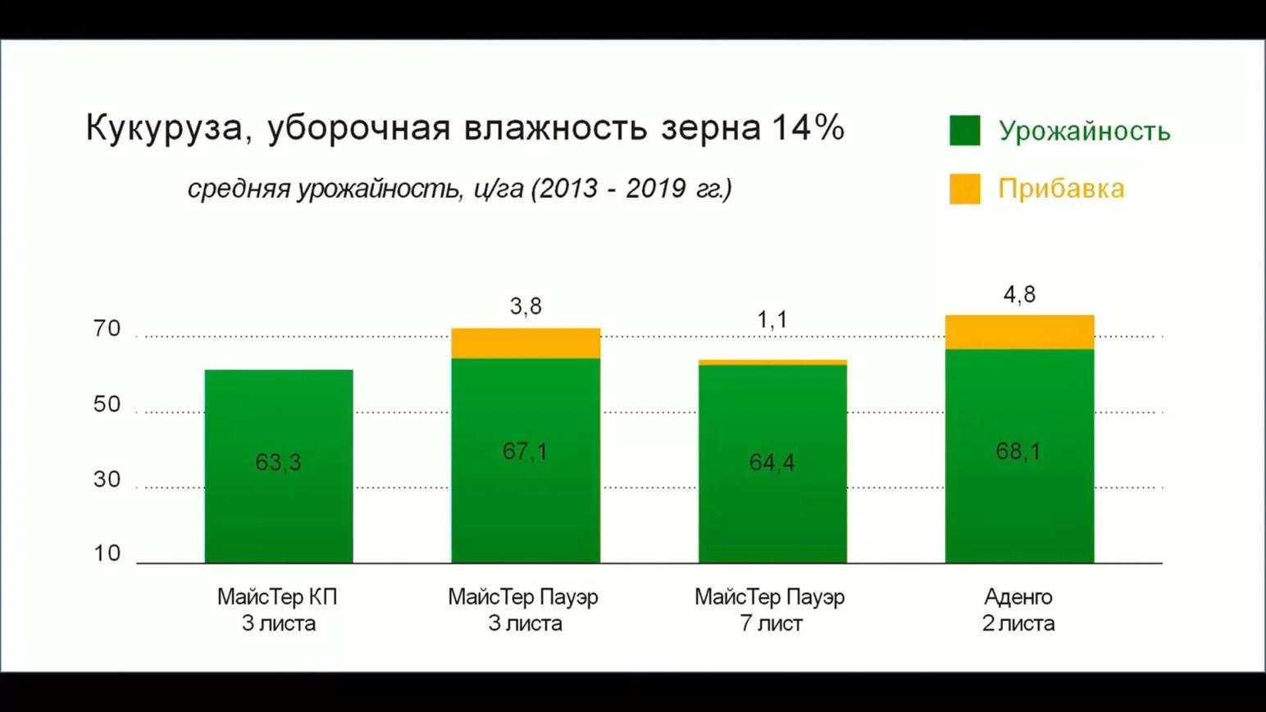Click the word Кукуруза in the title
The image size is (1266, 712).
(x=164, y=129)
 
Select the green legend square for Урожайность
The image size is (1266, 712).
(x=964, y=130)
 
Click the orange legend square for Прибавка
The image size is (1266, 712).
(x=964, y=189)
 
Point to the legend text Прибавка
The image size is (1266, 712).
(x=1061, y=189)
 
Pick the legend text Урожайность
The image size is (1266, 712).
(x=1084, y=131)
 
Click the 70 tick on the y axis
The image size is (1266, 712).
(x=107, y=329)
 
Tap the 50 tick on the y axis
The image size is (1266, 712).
(x=107, y=404)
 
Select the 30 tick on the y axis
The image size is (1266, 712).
(x=107, y=479)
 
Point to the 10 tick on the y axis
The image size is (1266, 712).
(x=107, y=554)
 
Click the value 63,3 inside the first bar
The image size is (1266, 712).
(x=278, y=463)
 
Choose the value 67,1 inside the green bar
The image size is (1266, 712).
(x=525, y=451)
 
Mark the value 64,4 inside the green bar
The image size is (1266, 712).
(x=772, y=463)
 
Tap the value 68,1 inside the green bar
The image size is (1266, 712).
(x=1018, y=451)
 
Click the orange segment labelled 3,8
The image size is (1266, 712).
(x=526, y=344)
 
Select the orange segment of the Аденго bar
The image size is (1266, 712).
(x=1019, y=332)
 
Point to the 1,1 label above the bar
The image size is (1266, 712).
(x=772, y=319)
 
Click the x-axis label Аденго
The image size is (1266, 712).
(x=1018, y=597)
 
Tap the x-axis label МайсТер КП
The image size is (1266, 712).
(x=277, y=597)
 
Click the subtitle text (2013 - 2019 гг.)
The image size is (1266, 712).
(x=631, y=189)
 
